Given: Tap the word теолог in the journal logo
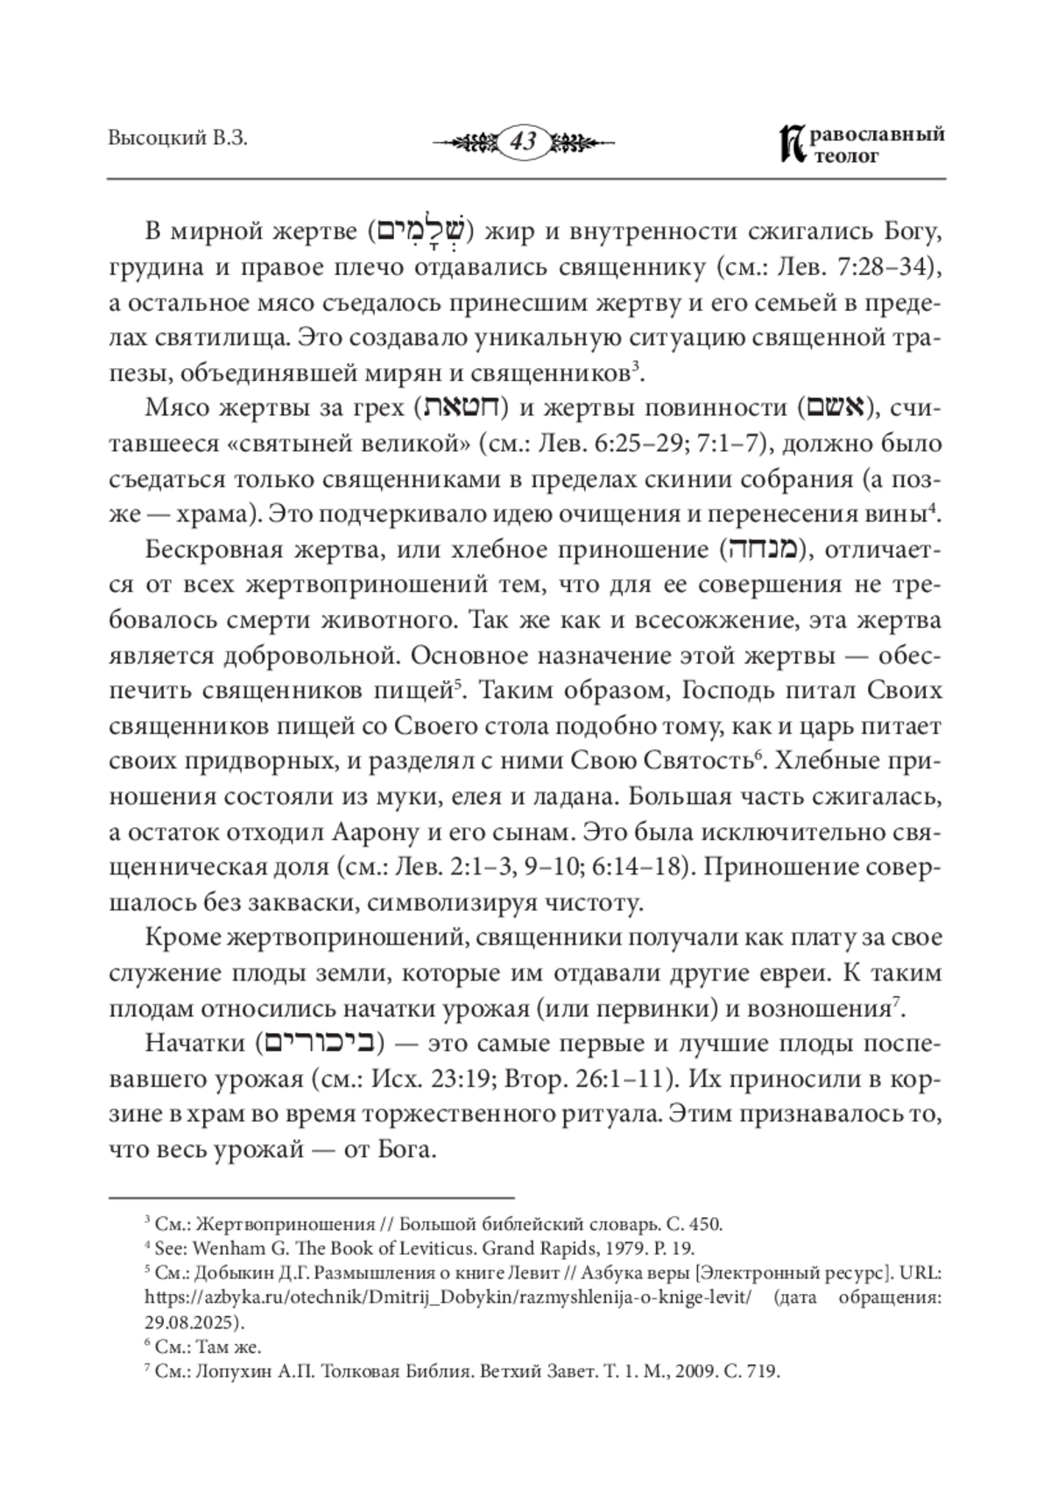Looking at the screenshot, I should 846,156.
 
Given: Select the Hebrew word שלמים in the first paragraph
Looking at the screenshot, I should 422,231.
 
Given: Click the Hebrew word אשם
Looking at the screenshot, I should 834,408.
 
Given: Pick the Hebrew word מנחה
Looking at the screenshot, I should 760,549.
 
